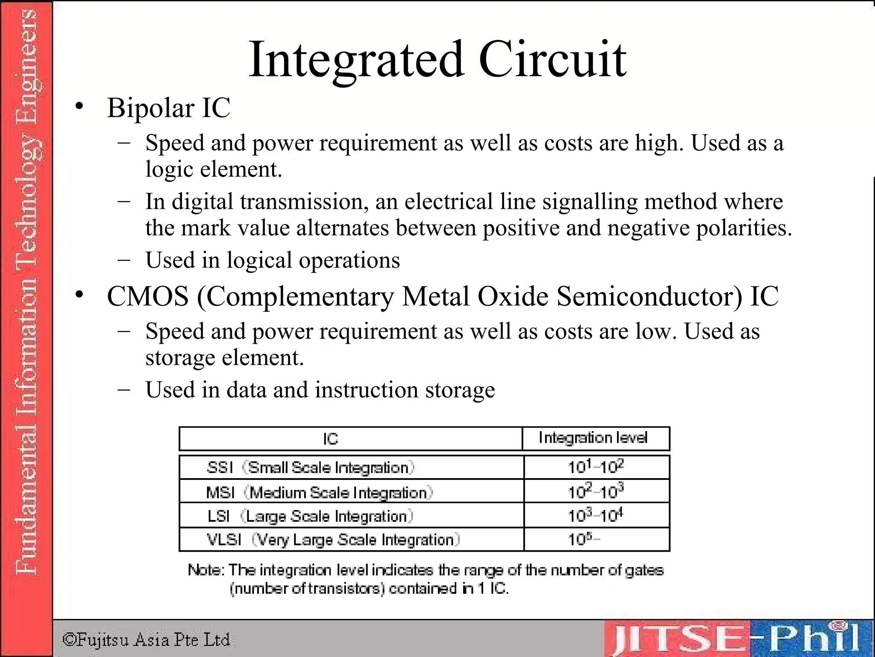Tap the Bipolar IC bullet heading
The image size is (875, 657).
click(168, 107)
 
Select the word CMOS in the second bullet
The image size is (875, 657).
click(147, 296)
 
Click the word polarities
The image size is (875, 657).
click(744, 228)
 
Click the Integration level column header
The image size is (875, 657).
click(593, 438)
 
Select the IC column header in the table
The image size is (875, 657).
click(330, 439)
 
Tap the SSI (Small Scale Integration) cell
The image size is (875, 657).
click(311, 468)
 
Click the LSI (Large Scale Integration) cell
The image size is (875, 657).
click(310, 516)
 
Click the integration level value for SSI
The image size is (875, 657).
click(596, 467)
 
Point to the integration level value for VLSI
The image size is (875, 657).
click(584, 539)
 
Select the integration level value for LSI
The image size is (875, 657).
click(596, 515)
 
